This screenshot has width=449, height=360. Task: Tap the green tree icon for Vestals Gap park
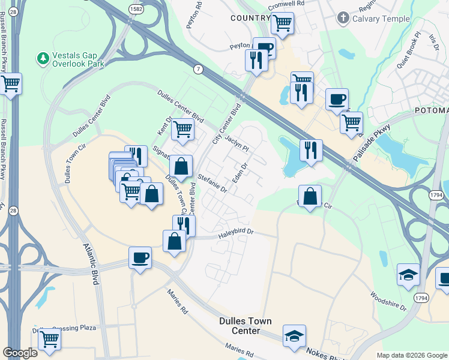click(x=43, y=58)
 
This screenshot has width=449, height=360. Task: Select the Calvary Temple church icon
click(x=343, y=19)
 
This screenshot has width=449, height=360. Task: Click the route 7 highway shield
click(x=198, y=70)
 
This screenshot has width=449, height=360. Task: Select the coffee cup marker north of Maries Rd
click(x=140, y=258)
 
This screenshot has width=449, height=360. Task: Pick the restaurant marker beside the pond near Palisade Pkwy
click(x=310, y=150)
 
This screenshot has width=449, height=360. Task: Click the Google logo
click(x=20, y=353)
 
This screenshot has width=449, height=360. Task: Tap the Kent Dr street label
click(x=164, y=126)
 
